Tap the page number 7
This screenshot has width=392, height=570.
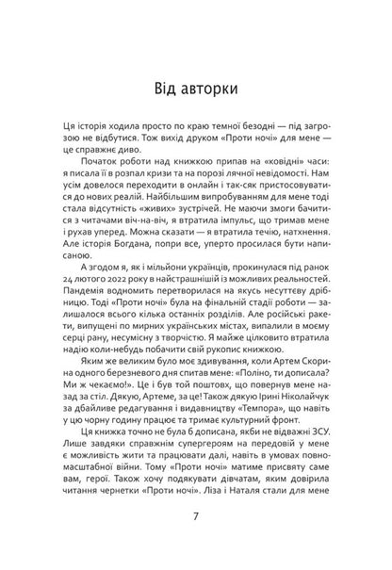coord(195,544)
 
